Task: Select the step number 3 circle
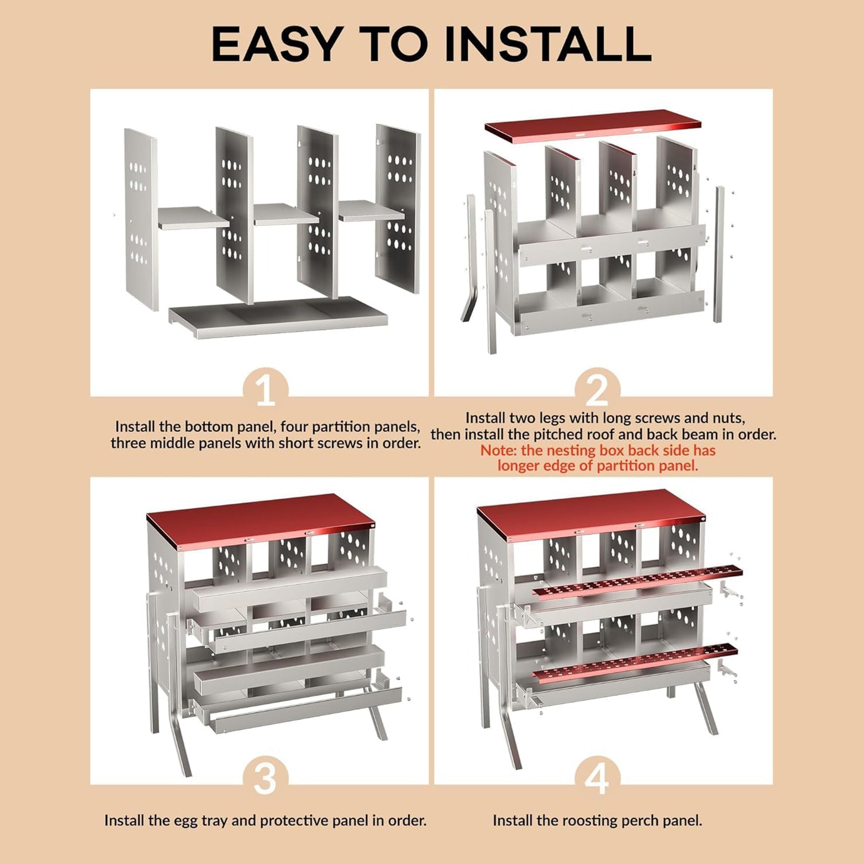point(265,778)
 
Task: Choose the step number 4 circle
point(597,778)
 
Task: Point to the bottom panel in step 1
point(278,318)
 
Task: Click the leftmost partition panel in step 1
point(141,220)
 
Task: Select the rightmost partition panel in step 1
point(399,209)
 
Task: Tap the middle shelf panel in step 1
point(286,214)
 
